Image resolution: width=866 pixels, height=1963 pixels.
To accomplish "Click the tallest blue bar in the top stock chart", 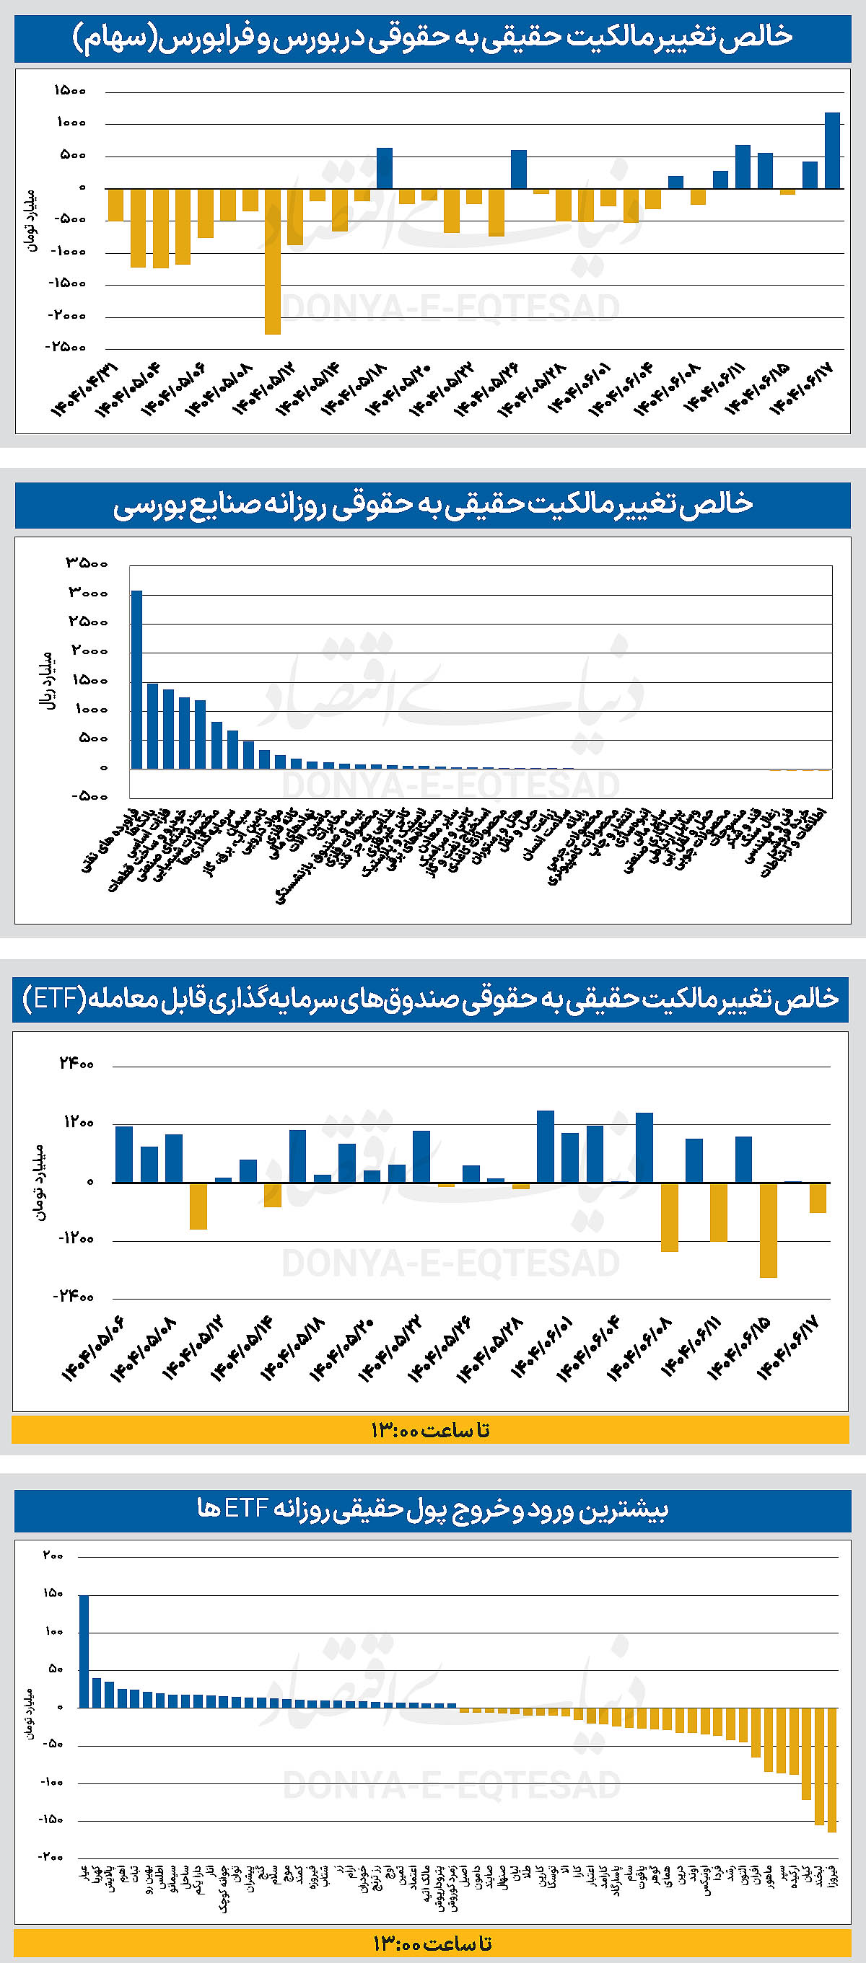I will (833, 150).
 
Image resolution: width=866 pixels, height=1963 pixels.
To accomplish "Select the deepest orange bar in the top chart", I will (272, 260).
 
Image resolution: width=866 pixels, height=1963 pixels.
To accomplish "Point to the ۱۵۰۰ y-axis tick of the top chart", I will (70, 91).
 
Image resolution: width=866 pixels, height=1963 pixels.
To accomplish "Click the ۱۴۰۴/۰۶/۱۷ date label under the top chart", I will (802, 389).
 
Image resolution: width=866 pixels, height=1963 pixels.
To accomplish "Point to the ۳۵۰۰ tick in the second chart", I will (86, 563).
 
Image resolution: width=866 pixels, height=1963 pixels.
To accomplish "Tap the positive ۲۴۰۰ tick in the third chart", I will (76, 1064).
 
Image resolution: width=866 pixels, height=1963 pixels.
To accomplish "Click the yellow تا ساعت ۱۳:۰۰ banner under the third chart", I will (431, 1430).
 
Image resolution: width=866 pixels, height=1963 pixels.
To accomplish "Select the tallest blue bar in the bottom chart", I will (84, 1651).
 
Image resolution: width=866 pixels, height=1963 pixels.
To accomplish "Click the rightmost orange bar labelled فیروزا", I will (831, 1770).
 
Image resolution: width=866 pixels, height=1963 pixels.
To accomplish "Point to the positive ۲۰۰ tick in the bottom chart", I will (53, 1556).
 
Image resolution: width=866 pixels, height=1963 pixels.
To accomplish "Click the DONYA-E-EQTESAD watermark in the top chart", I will (450, 308).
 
